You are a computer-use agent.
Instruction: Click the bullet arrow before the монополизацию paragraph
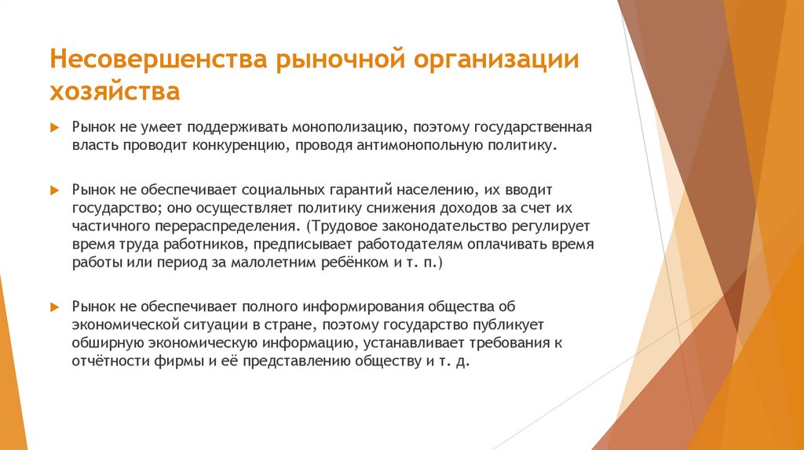click(55, 126)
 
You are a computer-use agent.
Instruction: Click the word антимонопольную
click(425, 145)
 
